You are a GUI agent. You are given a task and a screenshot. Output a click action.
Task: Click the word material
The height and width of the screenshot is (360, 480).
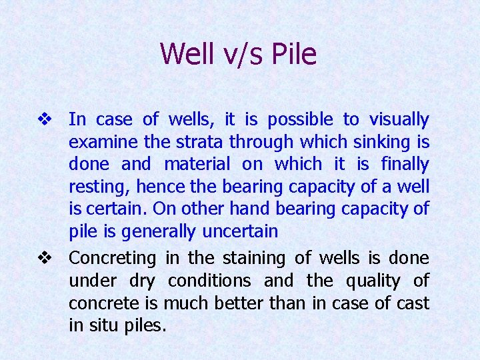click(197, 164)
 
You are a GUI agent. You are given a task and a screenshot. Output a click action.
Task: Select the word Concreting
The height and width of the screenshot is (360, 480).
click(113, 258)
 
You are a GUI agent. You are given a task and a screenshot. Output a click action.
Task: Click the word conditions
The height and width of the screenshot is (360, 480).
click(209, 281)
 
